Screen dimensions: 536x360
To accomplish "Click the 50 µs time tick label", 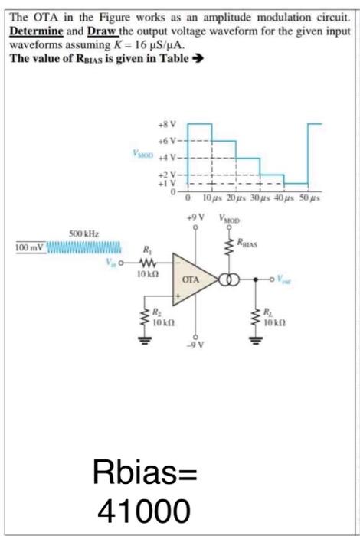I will (313, 198).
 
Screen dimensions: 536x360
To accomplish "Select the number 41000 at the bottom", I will (145, 508).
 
